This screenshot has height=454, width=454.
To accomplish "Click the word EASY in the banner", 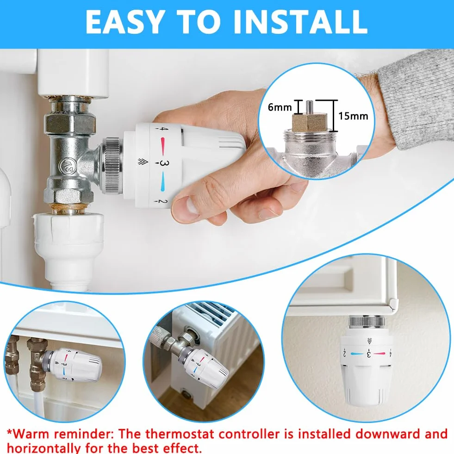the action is (x=124, y=22).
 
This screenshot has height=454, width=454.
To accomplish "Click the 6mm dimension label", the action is (x=280, y=107).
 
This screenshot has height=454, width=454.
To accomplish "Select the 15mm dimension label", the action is (x=353, y=116).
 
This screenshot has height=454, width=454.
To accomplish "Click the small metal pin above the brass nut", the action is (x=309, y=106).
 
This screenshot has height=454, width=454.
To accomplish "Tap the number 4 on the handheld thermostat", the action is (x=163, y=129).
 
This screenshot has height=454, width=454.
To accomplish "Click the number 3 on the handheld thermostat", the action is (x=163, y=163).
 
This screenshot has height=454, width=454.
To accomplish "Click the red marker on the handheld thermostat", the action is (x=163, y=147).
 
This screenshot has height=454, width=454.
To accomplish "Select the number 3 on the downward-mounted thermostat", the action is (x=369, y=353).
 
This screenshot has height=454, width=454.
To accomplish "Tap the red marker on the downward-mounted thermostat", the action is (x=379, y=354).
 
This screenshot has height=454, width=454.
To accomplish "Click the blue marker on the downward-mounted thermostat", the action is (x=357, y=354).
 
